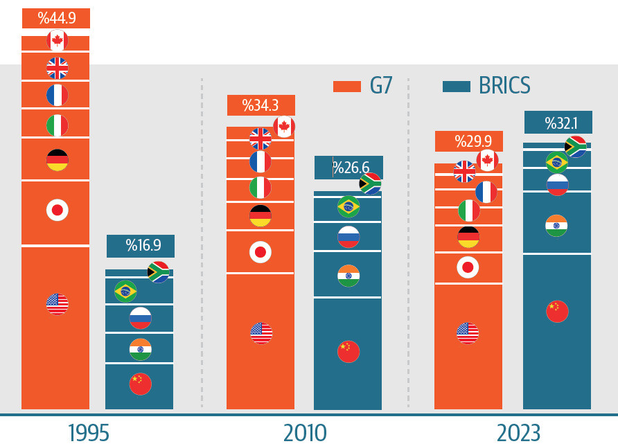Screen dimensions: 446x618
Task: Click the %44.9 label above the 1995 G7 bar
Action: click(56, 18)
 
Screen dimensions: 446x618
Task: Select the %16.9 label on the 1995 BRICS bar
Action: click(141, 245)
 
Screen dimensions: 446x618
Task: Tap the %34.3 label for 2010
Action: click(261, 105)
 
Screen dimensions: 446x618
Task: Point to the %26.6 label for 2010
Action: click(349, 168)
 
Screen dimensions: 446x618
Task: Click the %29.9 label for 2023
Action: click(469, 141)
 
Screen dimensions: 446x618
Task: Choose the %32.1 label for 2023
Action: click(558, 123)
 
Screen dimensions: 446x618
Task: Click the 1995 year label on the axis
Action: click(89, 433)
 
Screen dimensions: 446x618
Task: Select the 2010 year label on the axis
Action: click(305, 433)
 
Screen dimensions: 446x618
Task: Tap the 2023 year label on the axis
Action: click(518, 433)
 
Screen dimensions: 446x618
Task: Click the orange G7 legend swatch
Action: click(347, 86)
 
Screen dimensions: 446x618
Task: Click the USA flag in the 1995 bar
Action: click(58, 304)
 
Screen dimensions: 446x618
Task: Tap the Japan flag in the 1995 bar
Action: click(58, 210)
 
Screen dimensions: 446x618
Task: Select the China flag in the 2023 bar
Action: click(557, 312)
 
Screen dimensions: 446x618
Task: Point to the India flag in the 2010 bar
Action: click(348, 276)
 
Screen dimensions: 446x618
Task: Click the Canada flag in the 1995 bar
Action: click(58, 41)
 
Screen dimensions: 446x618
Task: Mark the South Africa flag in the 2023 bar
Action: click(575, 147)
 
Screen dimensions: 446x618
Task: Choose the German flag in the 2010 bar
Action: click(261, 216)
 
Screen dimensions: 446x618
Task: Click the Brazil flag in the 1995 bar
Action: click(125, 292)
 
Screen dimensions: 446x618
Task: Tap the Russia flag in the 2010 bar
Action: click(348, 238)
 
